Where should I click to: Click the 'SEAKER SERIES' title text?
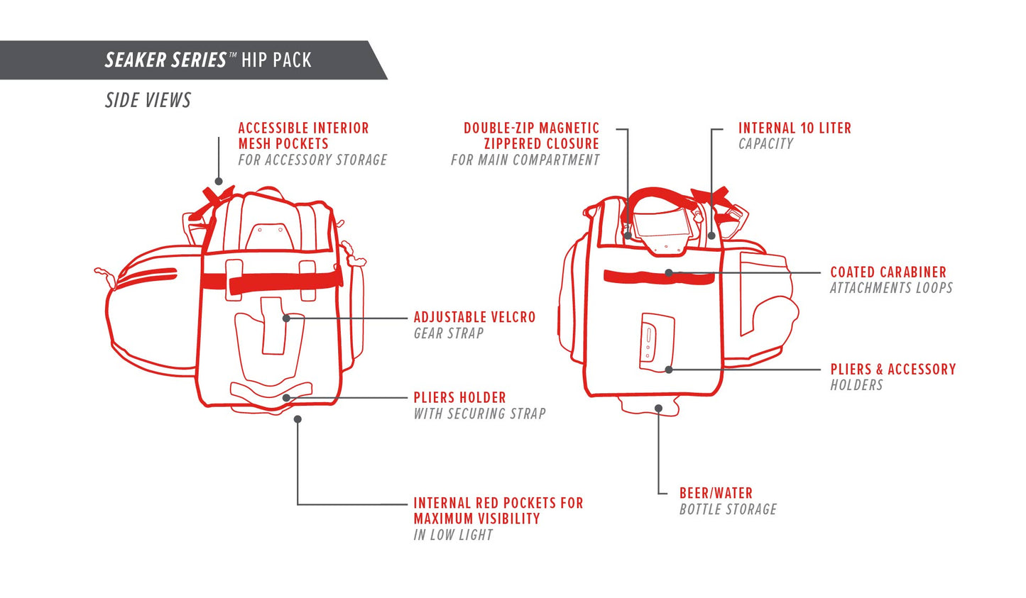point(166,60)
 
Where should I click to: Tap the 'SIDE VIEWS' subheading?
point(148,100)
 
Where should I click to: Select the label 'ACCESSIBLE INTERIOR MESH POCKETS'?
point(303,135)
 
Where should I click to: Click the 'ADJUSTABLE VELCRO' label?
point(474,317)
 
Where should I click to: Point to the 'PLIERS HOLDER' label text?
point(459,397)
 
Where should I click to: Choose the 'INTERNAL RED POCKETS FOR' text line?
point(498,503)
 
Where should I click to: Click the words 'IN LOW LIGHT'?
point(453,535)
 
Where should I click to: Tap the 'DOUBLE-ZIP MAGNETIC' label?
point(531,128)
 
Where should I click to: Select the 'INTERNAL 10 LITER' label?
point(795,128)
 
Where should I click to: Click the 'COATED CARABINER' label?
point(888,272)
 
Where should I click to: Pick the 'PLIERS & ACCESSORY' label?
point(893,370)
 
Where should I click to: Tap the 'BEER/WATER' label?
point(716,493)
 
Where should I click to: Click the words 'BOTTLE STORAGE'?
point(728,509)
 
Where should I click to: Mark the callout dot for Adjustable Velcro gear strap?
point(286,319)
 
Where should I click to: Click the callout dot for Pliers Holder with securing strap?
point(286,398)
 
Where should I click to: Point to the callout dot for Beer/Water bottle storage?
point(659,409)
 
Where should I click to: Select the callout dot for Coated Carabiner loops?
point(669,272)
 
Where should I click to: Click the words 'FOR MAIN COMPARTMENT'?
point(525,160)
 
